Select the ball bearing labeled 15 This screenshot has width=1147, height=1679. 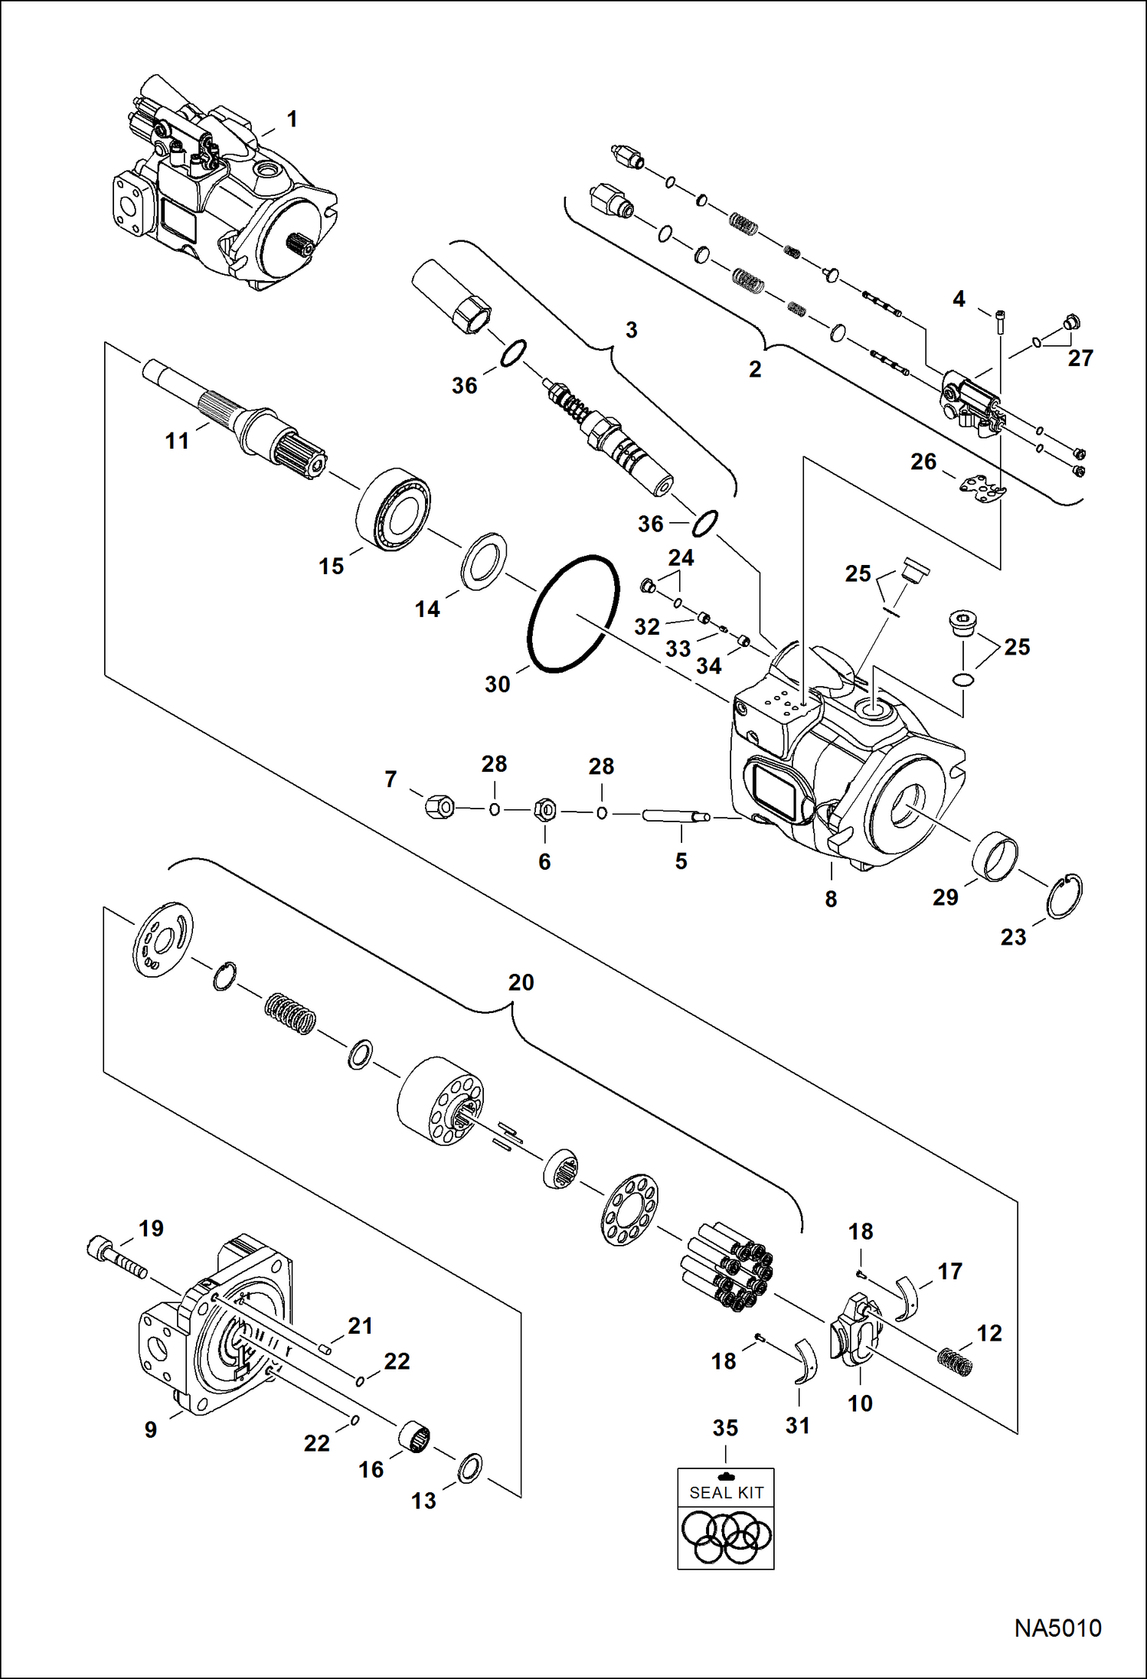393,508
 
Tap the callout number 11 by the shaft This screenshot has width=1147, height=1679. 177,441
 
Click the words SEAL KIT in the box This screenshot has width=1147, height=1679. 726,1492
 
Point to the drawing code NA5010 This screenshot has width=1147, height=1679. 1057,1627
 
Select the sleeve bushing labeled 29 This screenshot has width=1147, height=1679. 995,856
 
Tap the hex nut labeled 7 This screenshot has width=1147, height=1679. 439,805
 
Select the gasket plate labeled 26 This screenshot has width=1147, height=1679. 983,488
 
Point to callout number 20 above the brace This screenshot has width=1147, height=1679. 521,982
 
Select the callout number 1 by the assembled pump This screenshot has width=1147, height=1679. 292,119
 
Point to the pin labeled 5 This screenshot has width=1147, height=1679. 674,817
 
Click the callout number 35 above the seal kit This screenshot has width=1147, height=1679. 725,1428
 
